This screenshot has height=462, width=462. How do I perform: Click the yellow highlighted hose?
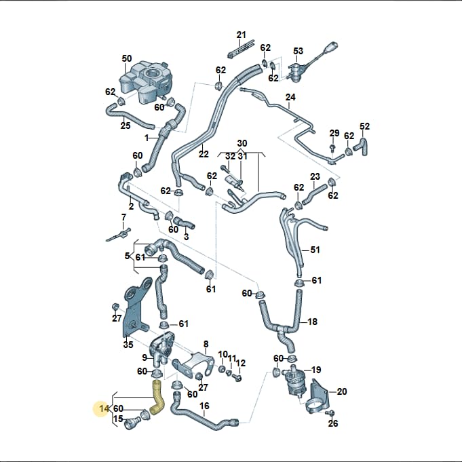coord(157,398)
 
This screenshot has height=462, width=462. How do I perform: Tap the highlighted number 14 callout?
coord(104,408)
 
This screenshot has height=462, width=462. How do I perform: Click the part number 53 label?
coord(299,51)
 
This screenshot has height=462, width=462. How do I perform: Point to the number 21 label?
coord(241,35)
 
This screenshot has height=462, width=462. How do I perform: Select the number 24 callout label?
coord(290,97)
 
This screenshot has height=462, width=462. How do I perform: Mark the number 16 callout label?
coord(204,406)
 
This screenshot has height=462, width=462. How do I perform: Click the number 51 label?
coord(315,250)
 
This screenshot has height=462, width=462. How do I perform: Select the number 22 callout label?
coord(204,154)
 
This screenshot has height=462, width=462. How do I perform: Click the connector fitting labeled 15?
coord(131,424)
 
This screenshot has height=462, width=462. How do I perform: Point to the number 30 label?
coord(242,143)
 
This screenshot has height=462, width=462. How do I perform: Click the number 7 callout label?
coord(123,218)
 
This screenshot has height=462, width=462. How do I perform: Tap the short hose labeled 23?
coord(314,193)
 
